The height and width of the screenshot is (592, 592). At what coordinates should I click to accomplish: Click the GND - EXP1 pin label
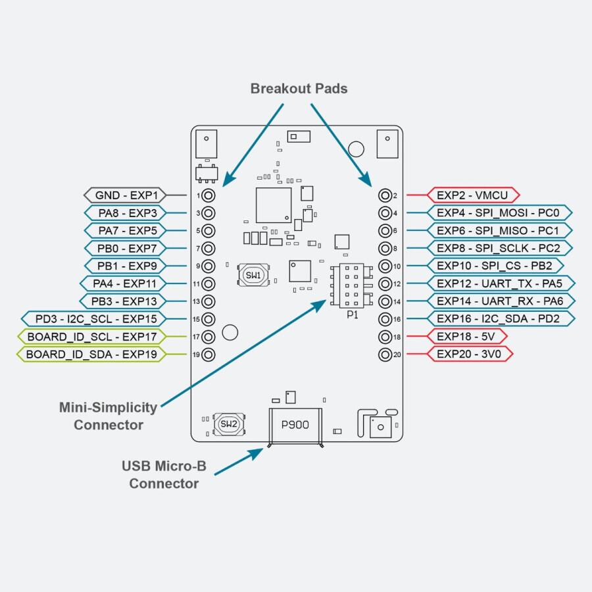pos(126,195)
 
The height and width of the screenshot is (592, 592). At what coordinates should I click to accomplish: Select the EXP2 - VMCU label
pos(473,195)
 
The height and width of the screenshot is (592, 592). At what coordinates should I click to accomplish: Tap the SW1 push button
pos(253,274)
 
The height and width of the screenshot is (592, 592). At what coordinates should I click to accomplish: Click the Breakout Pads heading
pos(299,89)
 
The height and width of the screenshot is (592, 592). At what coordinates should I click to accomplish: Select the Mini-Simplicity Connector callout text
pos(109,416)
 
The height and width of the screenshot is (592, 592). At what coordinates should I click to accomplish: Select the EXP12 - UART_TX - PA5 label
pos(499,284)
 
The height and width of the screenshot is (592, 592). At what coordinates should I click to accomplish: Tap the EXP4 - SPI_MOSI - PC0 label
pos(498,213)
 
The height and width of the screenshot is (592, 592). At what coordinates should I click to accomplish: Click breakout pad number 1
pos(209,195)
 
